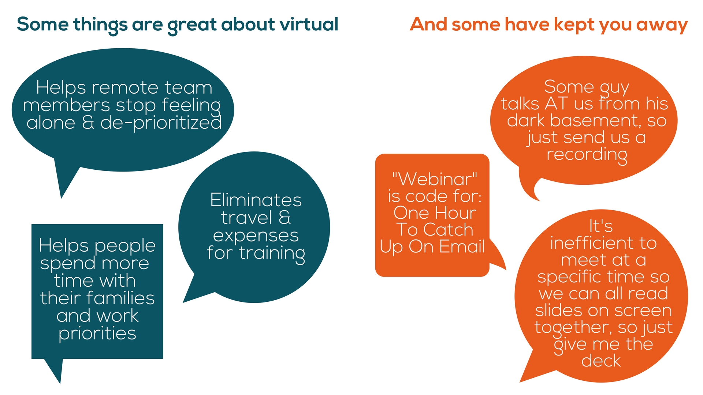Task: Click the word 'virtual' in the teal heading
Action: (309, 25)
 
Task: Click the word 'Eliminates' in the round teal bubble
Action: (256, 200)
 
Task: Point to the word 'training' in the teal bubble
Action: (272, 253)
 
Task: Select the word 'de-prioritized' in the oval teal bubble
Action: (161, 123)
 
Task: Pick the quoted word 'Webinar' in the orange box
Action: (435, 179)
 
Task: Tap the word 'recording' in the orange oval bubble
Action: (587, 155)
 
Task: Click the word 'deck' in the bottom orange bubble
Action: (601, 361)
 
